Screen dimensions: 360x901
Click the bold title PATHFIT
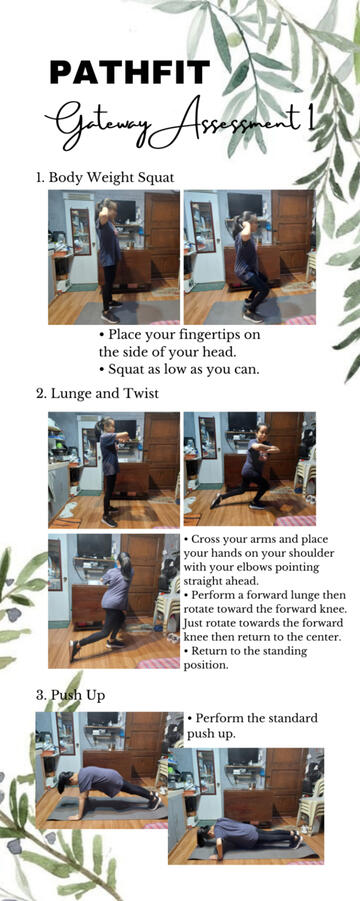(x=130, y=73)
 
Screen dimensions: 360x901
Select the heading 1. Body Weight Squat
(x=105, y=178)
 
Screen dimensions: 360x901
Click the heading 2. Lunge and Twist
(x=98, y=394)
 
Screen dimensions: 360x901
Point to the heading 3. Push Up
(x=71, y=695)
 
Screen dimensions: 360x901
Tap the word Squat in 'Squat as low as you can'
(x=125, y=369)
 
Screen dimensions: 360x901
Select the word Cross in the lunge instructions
(x=207, y=540)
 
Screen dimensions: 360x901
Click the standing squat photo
(x=114, y=257)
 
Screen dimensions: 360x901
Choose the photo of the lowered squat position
(x=250, y=257)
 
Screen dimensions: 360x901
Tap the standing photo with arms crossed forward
(x=114, y=469)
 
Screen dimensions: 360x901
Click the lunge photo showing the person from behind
(x=114, y=601)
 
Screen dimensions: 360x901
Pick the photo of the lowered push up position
(x=246, y=806)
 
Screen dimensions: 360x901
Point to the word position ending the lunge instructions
(x=204, y=666)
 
